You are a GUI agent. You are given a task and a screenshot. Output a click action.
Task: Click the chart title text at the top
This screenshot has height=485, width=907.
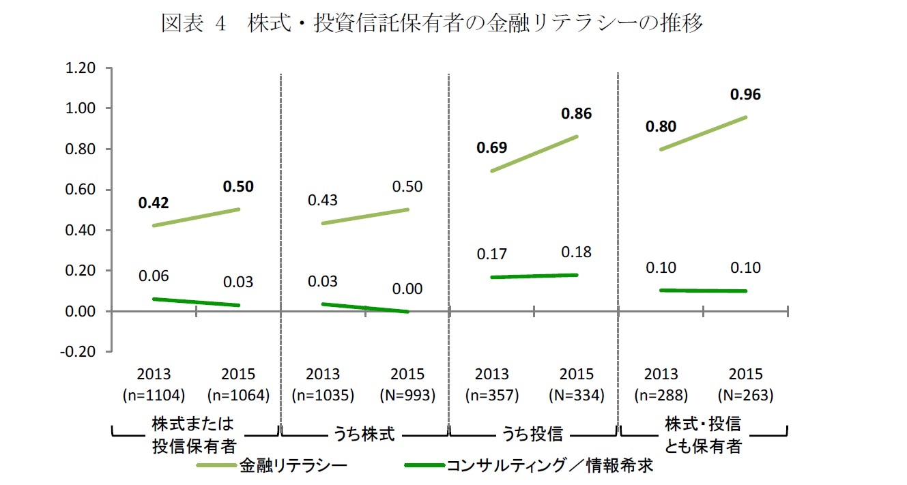pos(431,24)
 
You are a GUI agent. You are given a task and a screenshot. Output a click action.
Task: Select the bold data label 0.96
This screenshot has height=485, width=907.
pos(745,95)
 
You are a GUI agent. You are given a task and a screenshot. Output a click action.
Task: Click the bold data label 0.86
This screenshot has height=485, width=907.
pos(576,114)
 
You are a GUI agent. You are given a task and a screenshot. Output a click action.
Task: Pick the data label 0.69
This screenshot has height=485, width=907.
pos(492,147)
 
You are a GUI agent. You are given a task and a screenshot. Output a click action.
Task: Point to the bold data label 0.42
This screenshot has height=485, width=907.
pos(154,203)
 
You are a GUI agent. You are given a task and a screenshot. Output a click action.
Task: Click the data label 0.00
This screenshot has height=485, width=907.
pos(407,289)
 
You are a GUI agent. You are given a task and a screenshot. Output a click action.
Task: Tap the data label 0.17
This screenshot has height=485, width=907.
pos(492,254)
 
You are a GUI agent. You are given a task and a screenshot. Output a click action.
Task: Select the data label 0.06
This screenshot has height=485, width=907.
pos(154,276)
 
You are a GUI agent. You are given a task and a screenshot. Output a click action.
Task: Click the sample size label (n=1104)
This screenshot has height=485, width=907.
pos(154,395)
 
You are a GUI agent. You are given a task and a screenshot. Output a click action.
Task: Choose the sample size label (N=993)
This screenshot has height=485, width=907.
pos(407,395)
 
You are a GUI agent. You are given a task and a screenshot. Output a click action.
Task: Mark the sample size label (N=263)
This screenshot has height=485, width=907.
pos(745,395)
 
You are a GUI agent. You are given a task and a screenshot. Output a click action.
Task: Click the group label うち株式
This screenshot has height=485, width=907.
pos(365,435)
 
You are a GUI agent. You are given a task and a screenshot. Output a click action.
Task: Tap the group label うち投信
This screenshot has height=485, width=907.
pos(533,435)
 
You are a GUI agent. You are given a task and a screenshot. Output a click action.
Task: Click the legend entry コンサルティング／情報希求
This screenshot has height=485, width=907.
pos(549,466)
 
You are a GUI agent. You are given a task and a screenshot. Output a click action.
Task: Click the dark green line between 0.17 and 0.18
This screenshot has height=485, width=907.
pos(534,276)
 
